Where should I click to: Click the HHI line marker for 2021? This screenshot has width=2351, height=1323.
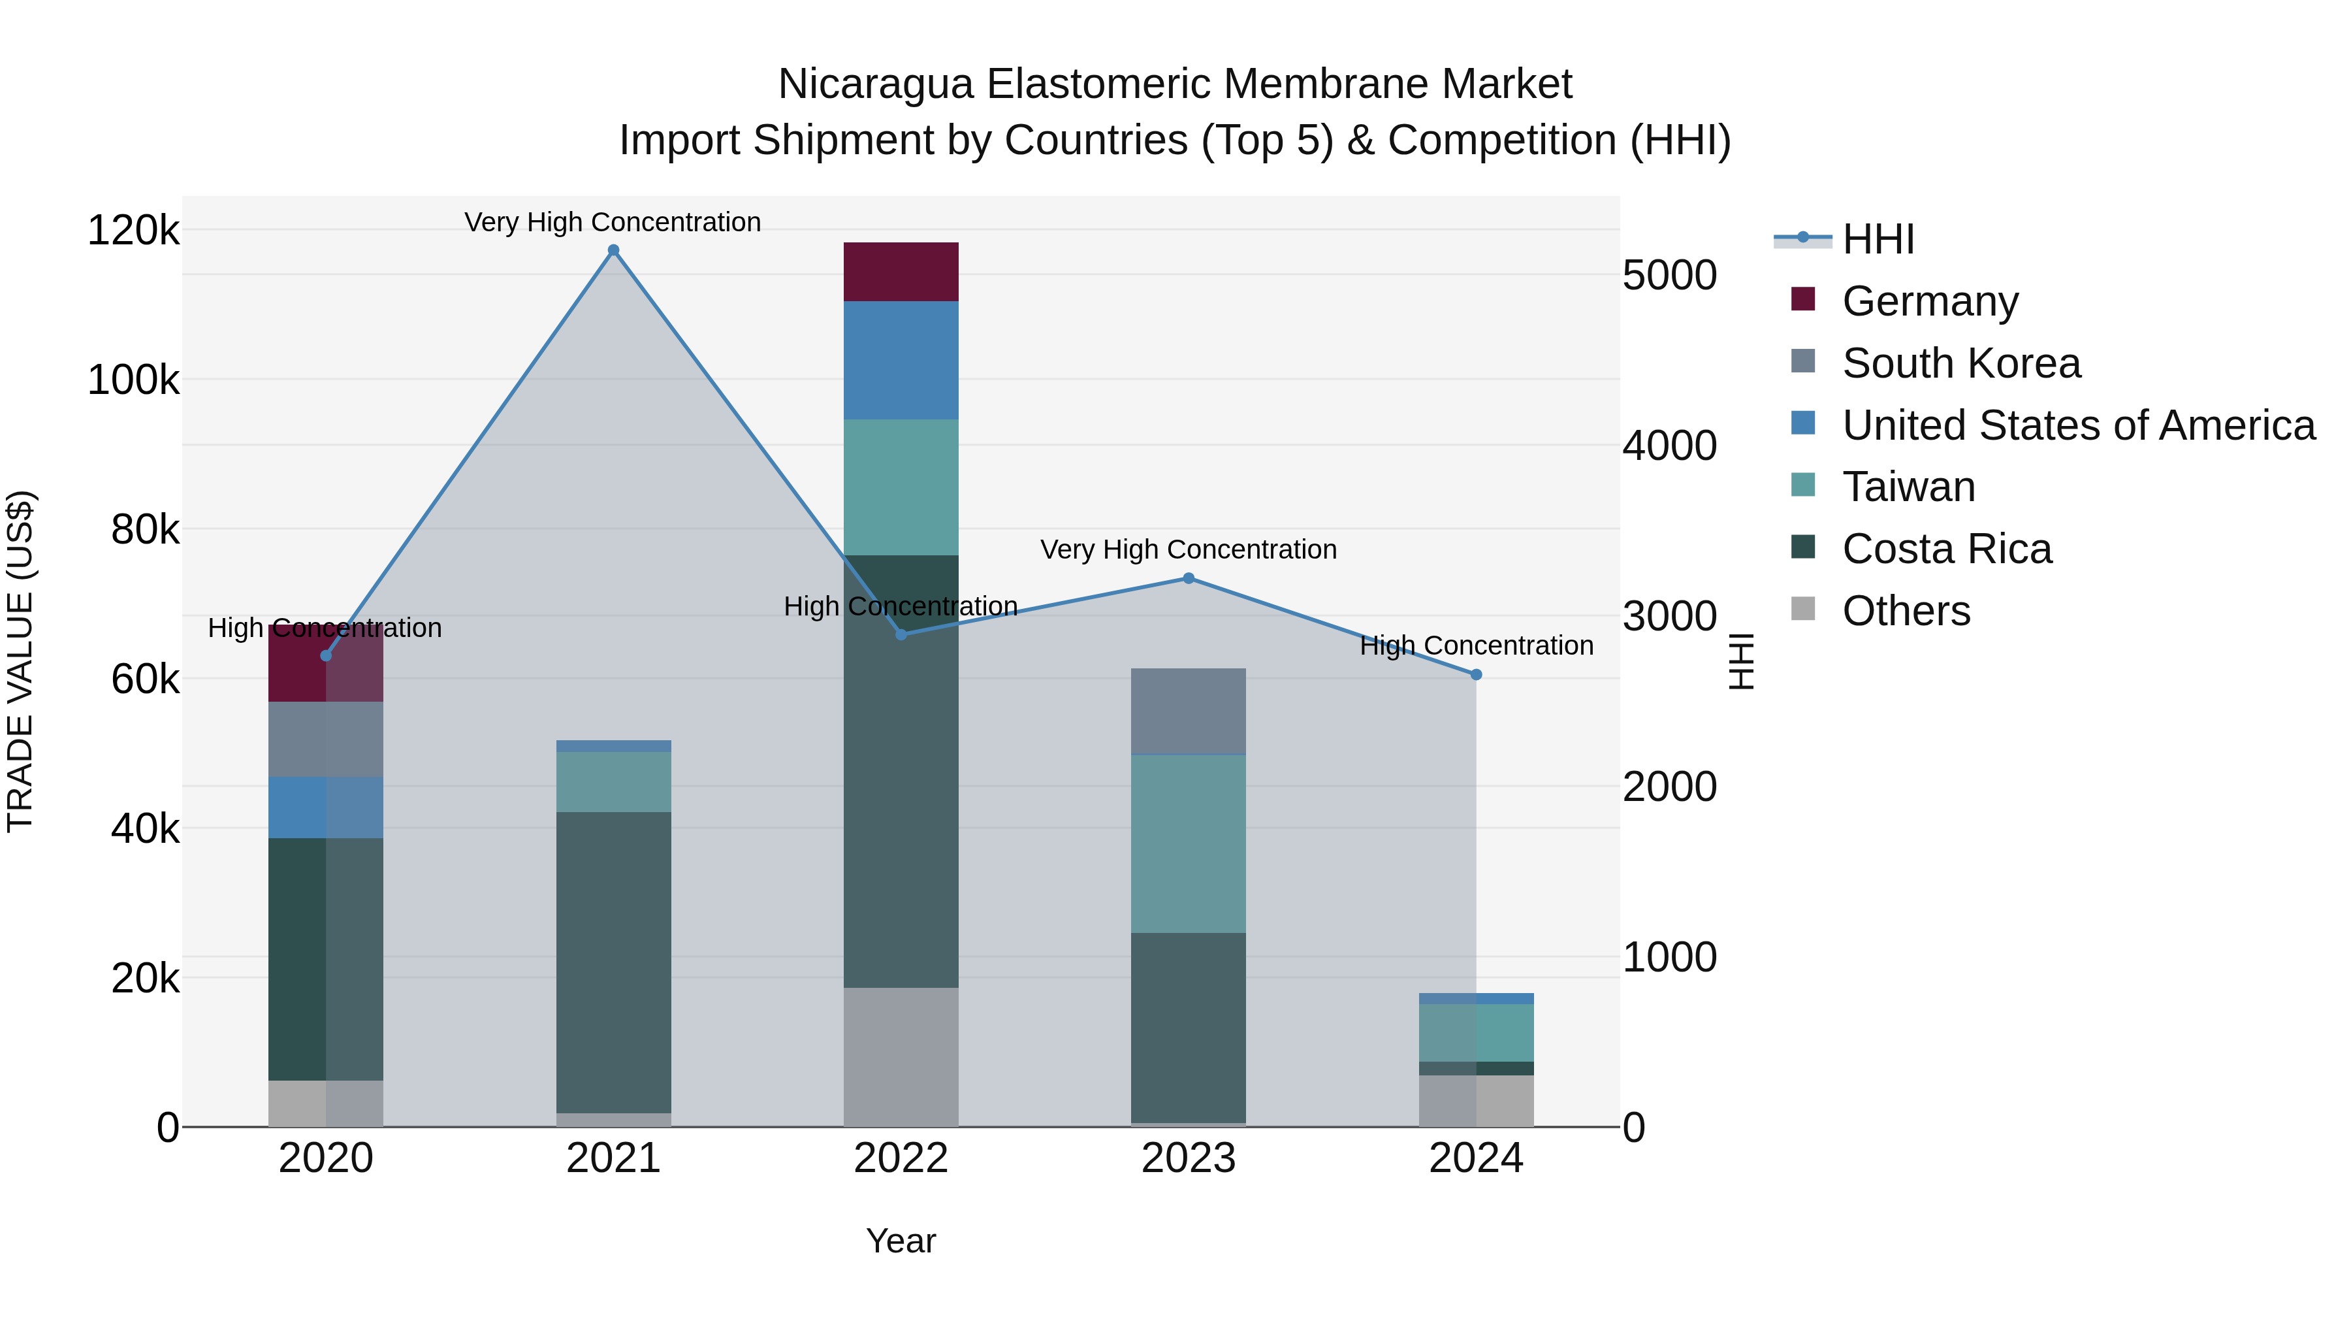613,250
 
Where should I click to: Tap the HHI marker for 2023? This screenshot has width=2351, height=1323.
1189,578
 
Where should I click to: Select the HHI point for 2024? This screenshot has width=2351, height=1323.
1476,675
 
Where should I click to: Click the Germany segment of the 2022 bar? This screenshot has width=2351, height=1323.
901,271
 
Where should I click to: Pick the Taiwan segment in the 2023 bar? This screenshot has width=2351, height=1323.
1189,843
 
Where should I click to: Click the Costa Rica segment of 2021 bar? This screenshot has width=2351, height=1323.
613,962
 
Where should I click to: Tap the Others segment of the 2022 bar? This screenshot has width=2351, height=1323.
901,1056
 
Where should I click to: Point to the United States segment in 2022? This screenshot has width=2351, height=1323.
901,360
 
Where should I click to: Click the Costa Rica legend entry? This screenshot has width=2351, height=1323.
1946,549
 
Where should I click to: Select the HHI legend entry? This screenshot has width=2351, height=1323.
1878,239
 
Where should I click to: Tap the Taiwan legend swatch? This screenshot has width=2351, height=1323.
1803,485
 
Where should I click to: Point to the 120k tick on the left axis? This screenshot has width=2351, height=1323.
133,230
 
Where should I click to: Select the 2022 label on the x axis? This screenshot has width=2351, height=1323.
901,1158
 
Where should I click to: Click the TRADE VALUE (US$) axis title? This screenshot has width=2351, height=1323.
20,661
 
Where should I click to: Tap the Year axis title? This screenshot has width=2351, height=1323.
901,1241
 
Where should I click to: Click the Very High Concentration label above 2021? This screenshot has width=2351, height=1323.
613,222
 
